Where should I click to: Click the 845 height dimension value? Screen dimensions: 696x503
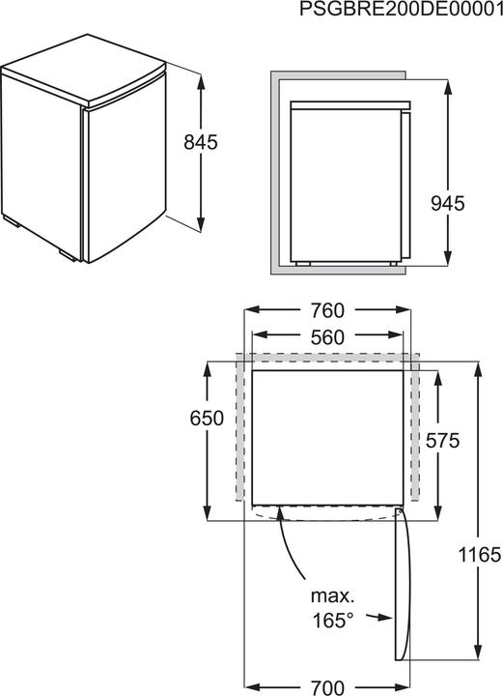pos(201,141)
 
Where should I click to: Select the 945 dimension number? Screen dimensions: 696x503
pos(447,203)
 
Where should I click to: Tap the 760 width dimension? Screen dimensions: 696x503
pos(328,311)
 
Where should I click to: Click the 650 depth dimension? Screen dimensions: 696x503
pos(207,419)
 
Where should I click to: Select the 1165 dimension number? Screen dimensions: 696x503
pos(480,554)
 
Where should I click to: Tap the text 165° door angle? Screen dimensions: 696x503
pos(331,620)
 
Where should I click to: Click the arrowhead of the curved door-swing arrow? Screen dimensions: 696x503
pos(278,514)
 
